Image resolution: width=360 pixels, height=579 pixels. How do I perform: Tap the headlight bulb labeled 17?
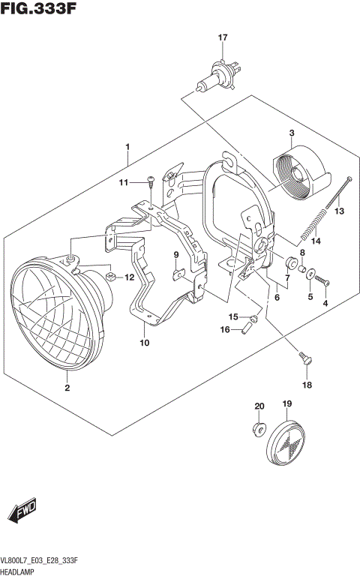214,76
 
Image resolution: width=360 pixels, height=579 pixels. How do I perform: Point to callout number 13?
339,211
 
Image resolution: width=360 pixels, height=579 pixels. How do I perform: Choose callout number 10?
144,343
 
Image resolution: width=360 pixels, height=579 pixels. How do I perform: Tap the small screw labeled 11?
151,180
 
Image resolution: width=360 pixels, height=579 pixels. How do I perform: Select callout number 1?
128,146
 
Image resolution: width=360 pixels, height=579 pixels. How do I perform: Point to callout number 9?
177,255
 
